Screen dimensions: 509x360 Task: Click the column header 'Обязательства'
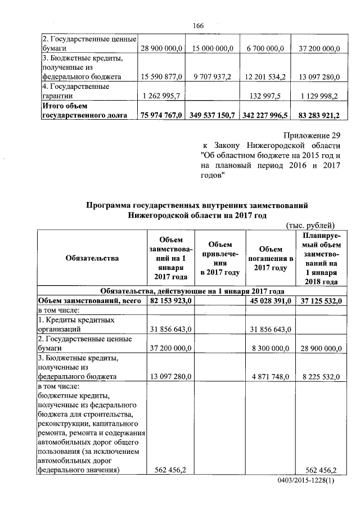point(92,258)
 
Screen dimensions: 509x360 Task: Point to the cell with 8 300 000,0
point(269,349)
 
